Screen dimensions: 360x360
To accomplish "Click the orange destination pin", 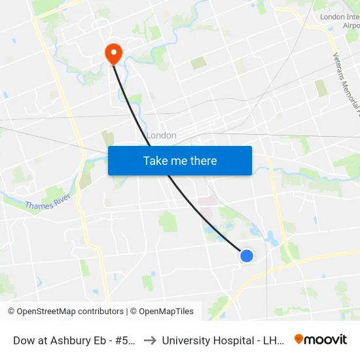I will [x=113, y=54].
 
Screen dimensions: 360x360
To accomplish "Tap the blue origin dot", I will [x=247, y=256].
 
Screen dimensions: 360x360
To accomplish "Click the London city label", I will [x=161, y=135].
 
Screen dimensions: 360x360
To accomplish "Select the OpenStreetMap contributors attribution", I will [x=66, y=312].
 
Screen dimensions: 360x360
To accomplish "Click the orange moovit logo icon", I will [x=299, y=339].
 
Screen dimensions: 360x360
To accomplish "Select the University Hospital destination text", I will [x=222, y=340].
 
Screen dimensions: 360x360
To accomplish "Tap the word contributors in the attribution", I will [x=100, y=312].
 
